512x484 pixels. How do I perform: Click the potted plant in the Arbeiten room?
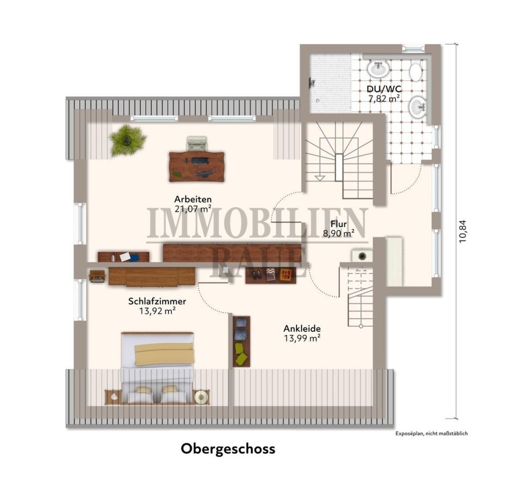[x=127, y=139]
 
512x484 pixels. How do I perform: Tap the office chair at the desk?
[x=197, y=143]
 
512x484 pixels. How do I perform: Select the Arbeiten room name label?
[x=193, y=199]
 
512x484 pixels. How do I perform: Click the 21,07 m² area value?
[x=193, y=208]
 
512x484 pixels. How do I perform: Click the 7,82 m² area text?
[x=383, y=98]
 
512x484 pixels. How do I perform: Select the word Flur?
[x=338, y=224]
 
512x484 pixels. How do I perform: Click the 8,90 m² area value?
[x=338, y=234]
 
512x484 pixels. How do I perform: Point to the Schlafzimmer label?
[x=157, y=301]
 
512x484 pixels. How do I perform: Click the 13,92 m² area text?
[x=157, y=311]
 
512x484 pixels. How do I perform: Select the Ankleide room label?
[x=302, y=329]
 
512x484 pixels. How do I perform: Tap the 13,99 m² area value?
[x=302, y=338]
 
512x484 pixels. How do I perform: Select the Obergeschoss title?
[x=228, y=449]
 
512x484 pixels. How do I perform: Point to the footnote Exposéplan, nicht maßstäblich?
[x=431, y=433]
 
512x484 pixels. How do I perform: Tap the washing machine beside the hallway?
[x=359, y=254]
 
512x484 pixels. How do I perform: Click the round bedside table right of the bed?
[x=200, y=396]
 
